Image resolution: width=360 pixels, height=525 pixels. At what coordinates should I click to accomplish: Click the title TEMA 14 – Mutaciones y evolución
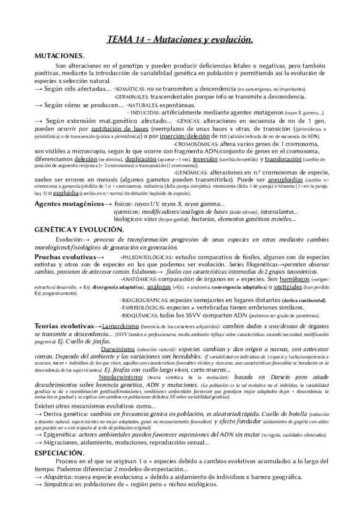coord(180,40)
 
